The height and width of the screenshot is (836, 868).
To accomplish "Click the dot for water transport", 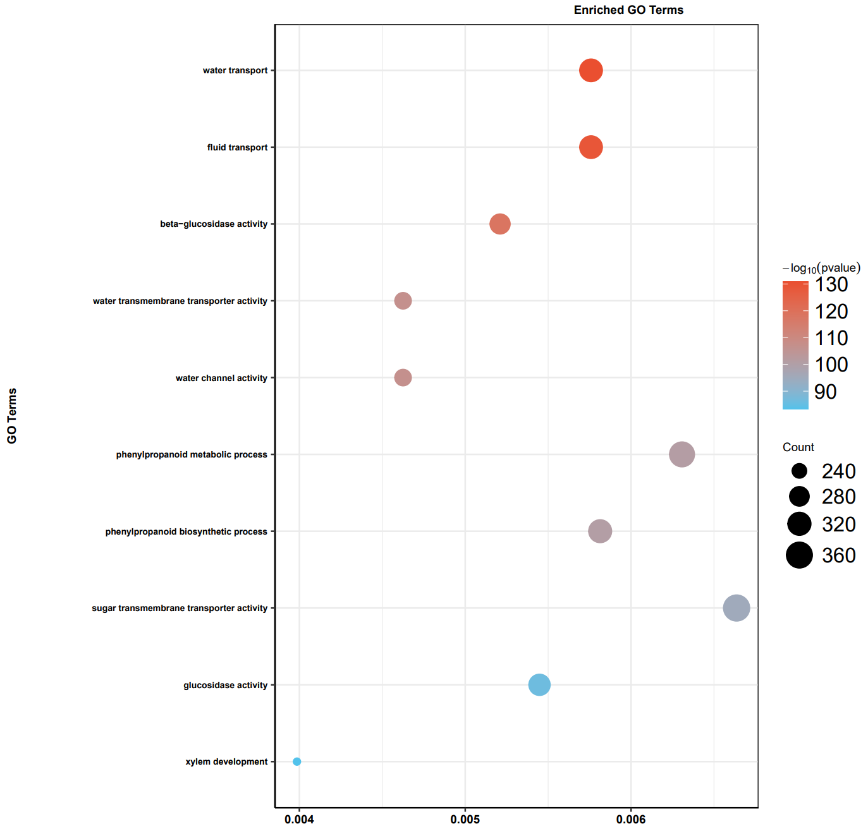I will pyautogui.click(x=590, y=70).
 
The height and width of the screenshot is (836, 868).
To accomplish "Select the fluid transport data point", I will pyautogui.click(x=590, y=147).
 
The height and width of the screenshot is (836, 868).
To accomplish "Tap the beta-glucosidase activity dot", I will pyautogui.click(x=499, y=224).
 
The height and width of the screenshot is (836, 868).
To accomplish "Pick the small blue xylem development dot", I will pyautogui.click(x=296, y=761).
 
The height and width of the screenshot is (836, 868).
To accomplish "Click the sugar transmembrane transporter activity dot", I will pyautogui.click(x=736, y=608).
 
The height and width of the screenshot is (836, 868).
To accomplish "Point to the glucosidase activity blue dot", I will pyautogui.click(x=539, y=684).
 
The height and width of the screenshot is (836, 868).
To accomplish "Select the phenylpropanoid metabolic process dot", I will pyautogui.click(x=682, y=454).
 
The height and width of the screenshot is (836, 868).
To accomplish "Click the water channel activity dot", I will pyautogui.click(x=403, y=377).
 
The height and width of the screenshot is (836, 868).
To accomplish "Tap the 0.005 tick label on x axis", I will pyautogui.click(x=465, y=820).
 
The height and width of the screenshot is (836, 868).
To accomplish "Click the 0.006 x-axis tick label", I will pyautogui.click(x=631, y=820).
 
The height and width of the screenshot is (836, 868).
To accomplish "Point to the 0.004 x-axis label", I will pyautogui.click(x=299, y=820).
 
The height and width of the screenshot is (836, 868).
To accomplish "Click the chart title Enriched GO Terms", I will pyautogui.click(x=628, y=10).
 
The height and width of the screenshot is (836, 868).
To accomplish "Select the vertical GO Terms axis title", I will pyautogui.click(x=12, y=416).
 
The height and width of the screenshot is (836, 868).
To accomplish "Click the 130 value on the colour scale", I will pyautogui.click(x=831, y=285).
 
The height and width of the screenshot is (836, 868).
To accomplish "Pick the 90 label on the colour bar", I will pyautogui.click(x=825, y=392).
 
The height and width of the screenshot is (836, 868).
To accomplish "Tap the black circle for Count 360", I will pyautogui.click(x=799, y=555).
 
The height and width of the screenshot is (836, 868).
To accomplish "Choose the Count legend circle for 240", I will pyautogui.click(x=799, y=471).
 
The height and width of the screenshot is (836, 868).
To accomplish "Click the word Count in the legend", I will pyautogui.click(x=798, y=447).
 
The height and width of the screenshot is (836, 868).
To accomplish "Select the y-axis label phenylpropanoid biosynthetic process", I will pyautogui.click(x=186, y=531).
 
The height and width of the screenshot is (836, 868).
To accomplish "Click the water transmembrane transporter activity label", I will pyautogui.click(x=180, y=301).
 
